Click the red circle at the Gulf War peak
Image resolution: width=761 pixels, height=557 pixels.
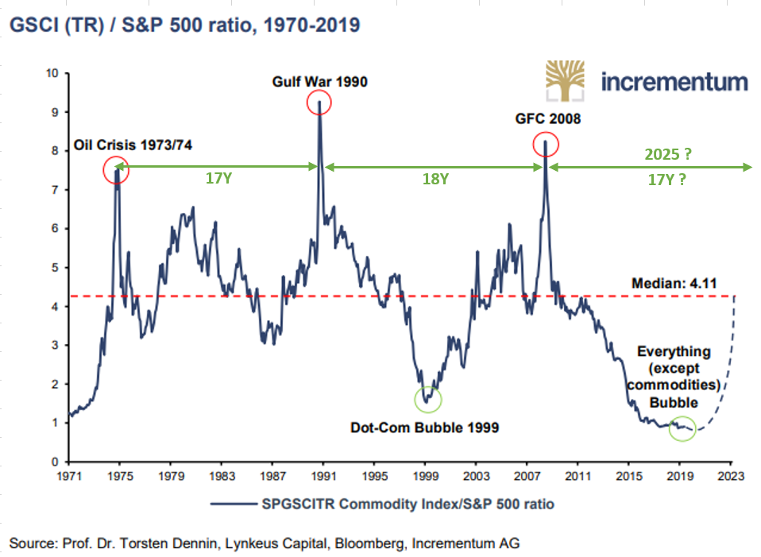[x=319, y=103]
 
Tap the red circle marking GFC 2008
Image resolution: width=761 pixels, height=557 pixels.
[x=547, y=144]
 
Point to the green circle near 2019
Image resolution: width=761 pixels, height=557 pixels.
[x=682, y=428]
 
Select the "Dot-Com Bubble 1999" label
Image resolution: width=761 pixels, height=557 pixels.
[x=424, y=428]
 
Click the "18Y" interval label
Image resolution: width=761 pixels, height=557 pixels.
[x=435, y=180]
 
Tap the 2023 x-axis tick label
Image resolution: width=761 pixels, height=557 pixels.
[x=731, y=478]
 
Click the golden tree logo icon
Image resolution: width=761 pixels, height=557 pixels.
[x=566, y=81]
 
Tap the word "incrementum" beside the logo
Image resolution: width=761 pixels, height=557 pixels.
[x=674, y=82]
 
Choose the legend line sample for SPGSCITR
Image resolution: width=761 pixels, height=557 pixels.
[x=230, y=504]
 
